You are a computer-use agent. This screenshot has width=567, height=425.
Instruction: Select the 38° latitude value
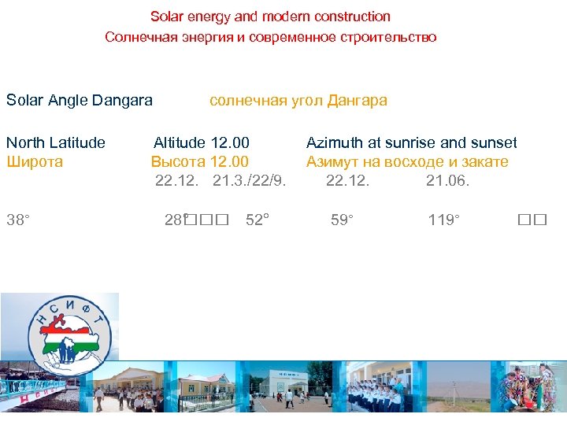(17, 220)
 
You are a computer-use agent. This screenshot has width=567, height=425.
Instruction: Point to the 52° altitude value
(258, 220)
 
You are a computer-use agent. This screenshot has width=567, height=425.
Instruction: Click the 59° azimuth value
(342, 220)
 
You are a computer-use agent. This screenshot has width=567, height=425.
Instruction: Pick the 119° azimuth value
(444, 220)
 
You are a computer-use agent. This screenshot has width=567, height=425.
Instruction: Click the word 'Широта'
(35, 162)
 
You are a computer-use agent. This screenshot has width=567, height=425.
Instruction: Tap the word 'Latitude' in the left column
(77, 143)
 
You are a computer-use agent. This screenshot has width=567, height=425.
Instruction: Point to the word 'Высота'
(178, 162)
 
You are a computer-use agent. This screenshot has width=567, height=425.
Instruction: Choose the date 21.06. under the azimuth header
(447, 181)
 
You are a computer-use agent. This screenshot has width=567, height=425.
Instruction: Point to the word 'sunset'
(494, 143)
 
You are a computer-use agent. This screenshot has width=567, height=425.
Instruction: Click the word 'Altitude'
(180, 143)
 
